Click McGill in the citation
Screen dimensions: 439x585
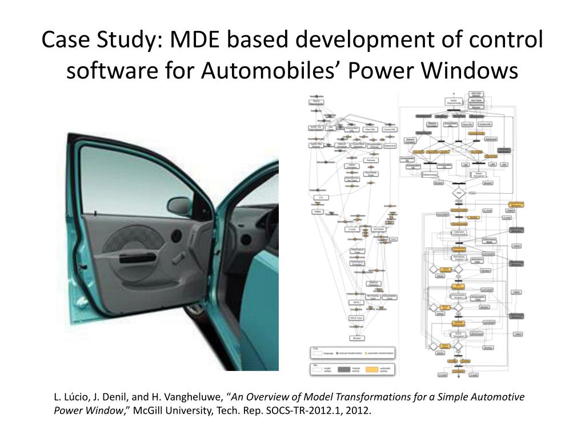pos(149,410)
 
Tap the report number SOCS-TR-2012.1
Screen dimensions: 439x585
pos(299,410)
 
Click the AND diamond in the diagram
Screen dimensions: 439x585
pos(457,192)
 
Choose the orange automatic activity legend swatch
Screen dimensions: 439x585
pos(372,369)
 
